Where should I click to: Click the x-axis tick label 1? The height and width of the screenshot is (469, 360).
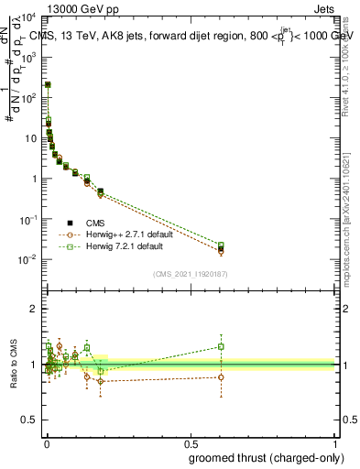tap(334, 443)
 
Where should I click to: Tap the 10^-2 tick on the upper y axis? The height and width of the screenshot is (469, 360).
tap(29, 259)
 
